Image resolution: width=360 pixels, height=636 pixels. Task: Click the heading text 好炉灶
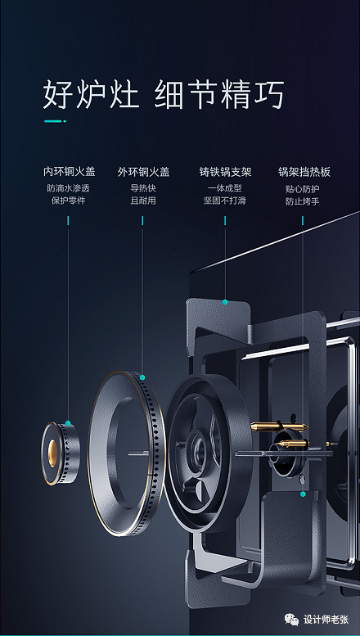(91, 94)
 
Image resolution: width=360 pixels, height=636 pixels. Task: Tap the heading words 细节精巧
(219, 94)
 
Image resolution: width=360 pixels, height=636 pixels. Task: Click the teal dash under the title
(55, 121)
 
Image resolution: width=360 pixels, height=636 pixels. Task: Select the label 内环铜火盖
(70, 172)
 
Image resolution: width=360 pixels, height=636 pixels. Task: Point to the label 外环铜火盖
(143, 172)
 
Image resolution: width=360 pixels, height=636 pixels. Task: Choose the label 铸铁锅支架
(225, 172)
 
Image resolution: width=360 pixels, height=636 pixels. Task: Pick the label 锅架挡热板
(304, 172)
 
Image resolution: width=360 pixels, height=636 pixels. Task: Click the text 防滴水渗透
(68, 188)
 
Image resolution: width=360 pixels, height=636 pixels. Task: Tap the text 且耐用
(143, 201)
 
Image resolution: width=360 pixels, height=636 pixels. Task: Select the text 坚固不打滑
(225, 201)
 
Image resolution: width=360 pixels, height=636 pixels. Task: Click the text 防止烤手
(303, 201)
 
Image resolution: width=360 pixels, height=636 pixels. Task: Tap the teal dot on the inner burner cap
(68, 423)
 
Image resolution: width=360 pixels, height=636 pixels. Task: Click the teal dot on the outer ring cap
(142, 377)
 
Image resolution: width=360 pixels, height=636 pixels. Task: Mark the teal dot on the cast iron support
(225, 302)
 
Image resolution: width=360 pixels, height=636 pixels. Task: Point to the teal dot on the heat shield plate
(303, 494)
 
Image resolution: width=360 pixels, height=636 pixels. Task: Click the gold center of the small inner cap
(52, 453)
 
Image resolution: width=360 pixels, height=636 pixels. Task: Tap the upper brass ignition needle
(279, 426)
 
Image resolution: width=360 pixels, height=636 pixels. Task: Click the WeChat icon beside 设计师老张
(291, 619)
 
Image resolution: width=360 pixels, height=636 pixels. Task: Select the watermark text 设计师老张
(326, 620)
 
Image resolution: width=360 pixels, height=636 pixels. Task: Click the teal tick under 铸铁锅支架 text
(225, 221)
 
